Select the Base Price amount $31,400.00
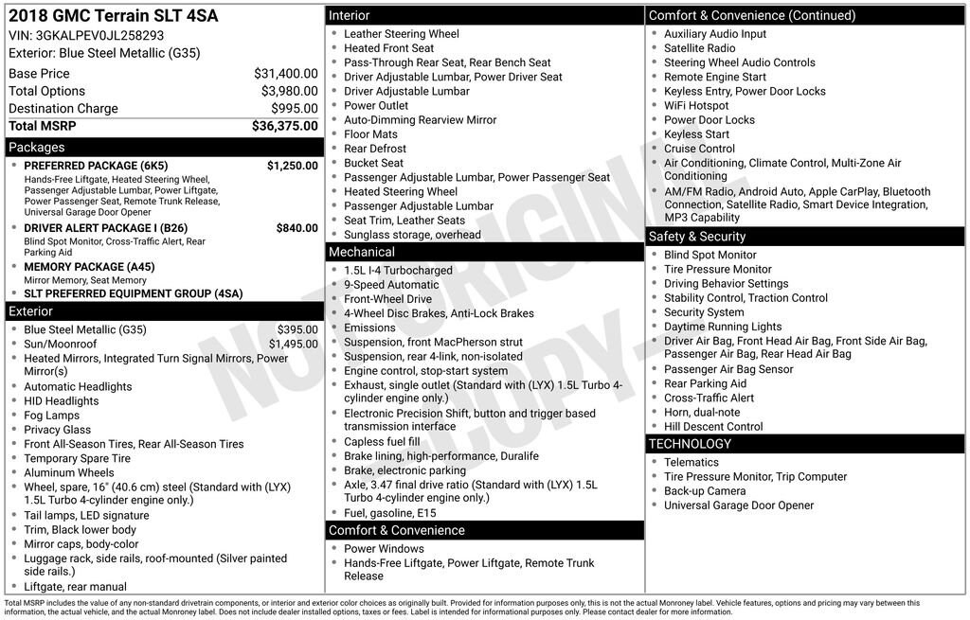point(285,73)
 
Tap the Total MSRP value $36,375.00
point(284,126)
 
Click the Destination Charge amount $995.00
point(295,109)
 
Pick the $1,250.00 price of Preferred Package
point(292,166)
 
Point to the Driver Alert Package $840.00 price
point(296,228)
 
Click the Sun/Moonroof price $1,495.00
point(293,345)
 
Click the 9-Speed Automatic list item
point(391,285)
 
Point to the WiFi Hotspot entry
point(696,106)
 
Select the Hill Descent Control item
point(713,427)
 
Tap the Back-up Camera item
point(704,491)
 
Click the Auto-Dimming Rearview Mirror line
point(420,120)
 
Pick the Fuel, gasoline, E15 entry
point(389,513)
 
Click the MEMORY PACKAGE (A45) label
point(89,267)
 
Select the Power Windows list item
point(384,549)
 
